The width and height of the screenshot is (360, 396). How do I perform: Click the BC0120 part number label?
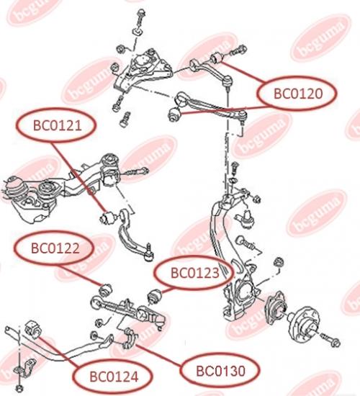[298, 94]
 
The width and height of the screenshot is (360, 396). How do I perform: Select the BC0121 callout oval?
[56, 125]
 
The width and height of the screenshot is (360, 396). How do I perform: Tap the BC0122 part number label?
[55, 248]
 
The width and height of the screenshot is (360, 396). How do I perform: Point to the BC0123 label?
[194, 273]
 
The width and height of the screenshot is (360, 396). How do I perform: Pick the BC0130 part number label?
[220, 371]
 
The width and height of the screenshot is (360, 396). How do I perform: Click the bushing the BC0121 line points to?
[108, 217]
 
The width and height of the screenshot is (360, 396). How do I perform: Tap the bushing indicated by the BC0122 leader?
[106, 290]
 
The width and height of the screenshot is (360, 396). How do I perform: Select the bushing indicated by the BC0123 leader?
[154, 296]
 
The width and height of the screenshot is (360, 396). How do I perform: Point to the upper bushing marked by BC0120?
[216, 58]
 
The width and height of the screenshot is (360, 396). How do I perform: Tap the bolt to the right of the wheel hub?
[330, 340]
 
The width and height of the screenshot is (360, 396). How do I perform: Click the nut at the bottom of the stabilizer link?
[19, 388]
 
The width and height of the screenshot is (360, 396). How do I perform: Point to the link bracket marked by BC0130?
[130, 338]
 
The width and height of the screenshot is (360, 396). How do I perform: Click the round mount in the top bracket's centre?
[142, 62]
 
